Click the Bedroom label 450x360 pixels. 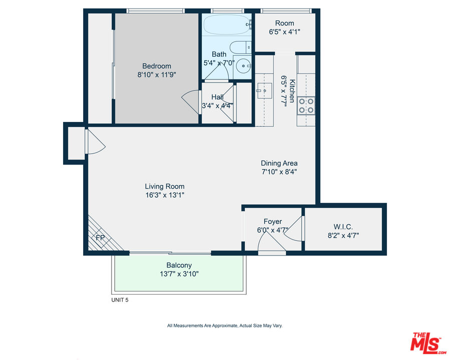click(x=157, y=66)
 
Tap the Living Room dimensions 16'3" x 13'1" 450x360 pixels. click(x=165, y=195)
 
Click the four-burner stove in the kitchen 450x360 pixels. click(x=306, y=106)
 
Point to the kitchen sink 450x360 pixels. click(x=264, y=90)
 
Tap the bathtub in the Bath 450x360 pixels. click(x=227, y=25)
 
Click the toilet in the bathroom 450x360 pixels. click(x=240, y=47)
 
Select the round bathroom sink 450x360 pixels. click(x=243, y=66)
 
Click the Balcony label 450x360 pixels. click(x=179, y=265)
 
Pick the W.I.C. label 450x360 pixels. click(x=343, y=227)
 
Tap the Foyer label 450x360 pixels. click(x=273, y=221)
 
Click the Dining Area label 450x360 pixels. click(x=279, y=163)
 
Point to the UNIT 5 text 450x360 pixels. click(x=120, y=300)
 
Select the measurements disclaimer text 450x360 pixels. click(x=225, y=325)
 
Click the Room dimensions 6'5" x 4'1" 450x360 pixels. click(x=284, y=32)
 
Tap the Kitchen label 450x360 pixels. click(x=292, y=91)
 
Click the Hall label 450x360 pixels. click(x=218, y=97)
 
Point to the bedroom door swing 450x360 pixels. click(x=190, y=102)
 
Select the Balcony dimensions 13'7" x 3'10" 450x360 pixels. click(x=179, y=274)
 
